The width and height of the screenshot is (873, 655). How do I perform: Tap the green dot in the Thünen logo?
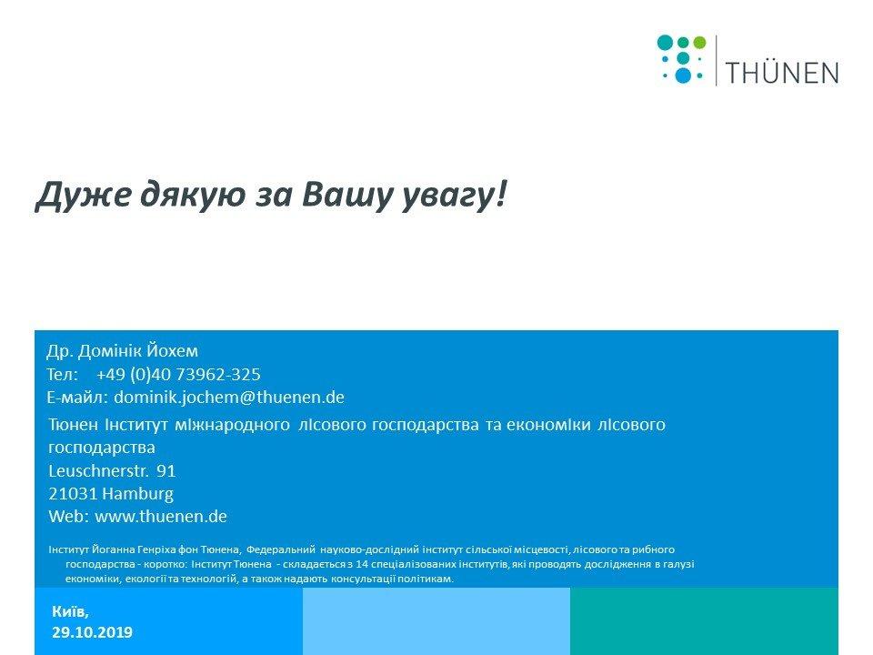pyautogui.click(x=699, y=43)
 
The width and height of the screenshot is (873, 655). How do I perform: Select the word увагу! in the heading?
pyautogui.click(x=453, y=196)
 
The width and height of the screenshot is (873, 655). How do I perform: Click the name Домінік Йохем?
pyautogui.click(x=138, y=351)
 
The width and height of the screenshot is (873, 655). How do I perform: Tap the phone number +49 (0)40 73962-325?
pyautogui.click(x=178, y=374)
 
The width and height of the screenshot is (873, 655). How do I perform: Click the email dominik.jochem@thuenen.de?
pyautogui.click(x=229, y=398)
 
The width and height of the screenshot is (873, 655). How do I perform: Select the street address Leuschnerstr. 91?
pyautogui.click(x=112, y=471)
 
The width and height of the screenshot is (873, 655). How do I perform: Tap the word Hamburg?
pyautogui.click(x=137, y=494)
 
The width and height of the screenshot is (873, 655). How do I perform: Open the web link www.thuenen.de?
pyautogui.click(x=161, y=517)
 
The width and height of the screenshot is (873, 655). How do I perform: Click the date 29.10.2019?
pyautogui.click(x=93, y=632)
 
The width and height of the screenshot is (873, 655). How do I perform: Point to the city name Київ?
pyautogui.click(x=70, y=611)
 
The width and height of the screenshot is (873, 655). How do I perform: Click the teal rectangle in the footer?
pyautogui.click(x=704, y=621)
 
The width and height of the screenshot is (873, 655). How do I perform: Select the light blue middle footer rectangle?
pyautogui.click(x=436, y=621)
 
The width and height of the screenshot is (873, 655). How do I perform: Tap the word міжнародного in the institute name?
pyautogui.click(x=232, y=425)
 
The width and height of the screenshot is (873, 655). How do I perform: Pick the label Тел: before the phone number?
pyautogui.click(x=63, y=374)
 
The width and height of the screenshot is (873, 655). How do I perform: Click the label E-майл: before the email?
pyautogui.click(x=77, y=398)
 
